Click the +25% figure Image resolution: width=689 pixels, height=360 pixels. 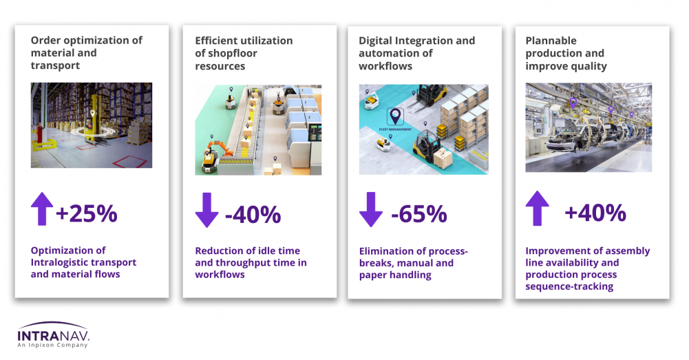coord(87,213)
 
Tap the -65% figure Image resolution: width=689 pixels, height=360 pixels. coord(418,214)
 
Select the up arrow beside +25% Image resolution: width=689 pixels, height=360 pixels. coord(42,209)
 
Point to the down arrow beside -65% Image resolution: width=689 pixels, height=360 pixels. coord(371,209)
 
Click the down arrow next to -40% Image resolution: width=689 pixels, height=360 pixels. coord(207,210)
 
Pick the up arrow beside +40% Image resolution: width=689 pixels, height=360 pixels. coord(537,209)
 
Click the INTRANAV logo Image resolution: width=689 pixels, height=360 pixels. coord(53,335)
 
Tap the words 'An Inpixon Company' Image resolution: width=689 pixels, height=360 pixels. coord(52,345)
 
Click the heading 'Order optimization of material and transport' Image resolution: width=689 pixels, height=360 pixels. coord(87,53)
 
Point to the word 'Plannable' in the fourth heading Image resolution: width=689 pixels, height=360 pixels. coord(551,41)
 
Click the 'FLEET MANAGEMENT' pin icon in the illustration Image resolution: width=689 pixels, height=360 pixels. coord(396,116)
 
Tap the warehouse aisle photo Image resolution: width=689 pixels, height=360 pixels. coord(92,125)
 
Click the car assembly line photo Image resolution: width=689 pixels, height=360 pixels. coord(589,127)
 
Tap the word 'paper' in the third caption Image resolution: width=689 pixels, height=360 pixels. coord(372,275)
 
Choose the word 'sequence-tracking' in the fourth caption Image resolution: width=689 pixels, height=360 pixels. coord(569,286)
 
